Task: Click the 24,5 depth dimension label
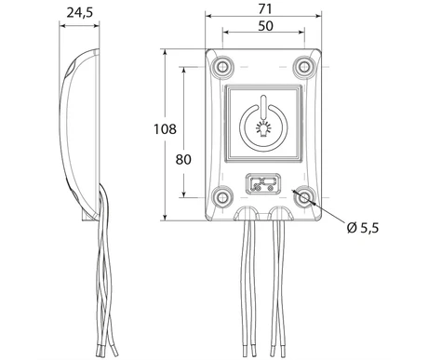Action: [x=80, y=13]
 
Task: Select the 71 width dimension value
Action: [x=265, y=9]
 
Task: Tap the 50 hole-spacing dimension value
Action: [x=265, y=26]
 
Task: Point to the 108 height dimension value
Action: [x=165, y=129]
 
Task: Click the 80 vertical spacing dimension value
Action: [x=183, y=159]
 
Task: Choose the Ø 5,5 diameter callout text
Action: [x=363, y=228]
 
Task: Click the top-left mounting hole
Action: [x=222, y=66]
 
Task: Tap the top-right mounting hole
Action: [x=304, y=66]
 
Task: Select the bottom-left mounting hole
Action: [x=222, y=197]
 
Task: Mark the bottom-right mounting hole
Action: [x=304, y=197]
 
